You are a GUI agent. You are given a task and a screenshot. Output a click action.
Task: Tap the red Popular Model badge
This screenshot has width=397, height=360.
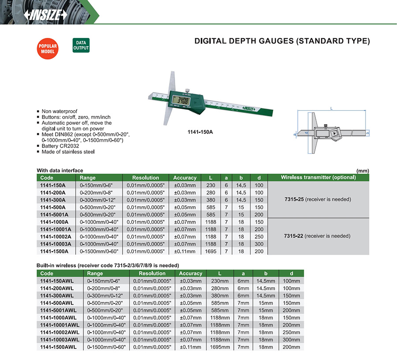[48, 49]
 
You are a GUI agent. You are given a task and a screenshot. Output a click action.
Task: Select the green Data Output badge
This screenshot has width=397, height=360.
[81, 46]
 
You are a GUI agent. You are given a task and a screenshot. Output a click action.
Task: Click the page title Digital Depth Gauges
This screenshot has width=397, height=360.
[282, 41]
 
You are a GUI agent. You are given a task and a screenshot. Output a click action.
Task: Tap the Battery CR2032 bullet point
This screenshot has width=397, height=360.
[61, 146]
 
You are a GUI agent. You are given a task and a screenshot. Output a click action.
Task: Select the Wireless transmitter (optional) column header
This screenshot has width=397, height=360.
[318, 178]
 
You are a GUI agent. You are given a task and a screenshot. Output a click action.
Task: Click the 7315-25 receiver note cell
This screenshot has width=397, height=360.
[318, 200]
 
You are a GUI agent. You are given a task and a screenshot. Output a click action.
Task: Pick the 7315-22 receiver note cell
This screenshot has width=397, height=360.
[318, 236]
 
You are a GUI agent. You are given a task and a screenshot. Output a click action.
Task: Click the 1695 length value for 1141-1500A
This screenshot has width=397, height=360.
[211, 251]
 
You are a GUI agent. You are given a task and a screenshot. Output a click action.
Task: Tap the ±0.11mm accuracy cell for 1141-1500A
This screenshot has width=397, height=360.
[185, 251]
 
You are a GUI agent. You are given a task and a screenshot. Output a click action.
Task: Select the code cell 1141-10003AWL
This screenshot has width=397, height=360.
[60, 340]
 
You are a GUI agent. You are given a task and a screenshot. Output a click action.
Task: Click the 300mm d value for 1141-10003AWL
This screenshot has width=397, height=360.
[292, 340]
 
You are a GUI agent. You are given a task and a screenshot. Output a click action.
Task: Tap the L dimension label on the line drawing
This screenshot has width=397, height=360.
[330, 108]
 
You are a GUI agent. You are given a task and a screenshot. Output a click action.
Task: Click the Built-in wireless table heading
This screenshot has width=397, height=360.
[107, 266]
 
